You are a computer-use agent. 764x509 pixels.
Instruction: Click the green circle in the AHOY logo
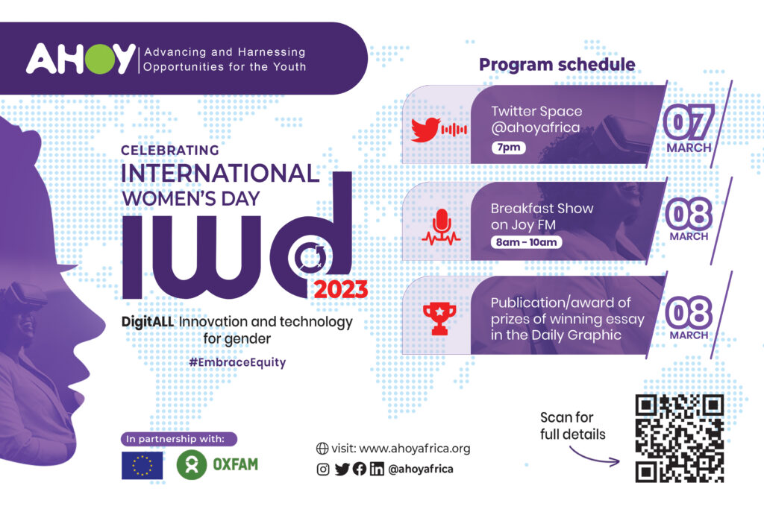(x=100, y=59)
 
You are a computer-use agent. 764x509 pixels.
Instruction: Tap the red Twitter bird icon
(x=425, y=129)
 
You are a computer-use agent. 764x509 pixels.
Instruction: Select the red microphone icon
(x=442, y=227)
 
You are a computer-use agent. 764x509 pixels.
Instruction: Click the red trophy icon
(x=439, y=319)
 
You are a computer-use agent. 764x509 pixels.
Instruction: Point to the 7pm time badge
(x=508, y=147)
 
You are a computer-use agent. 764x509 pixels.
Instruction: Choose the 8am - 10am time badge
(x=526, y=242)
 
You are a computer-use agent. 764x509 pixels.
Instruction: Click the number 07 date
(x=689, y=121)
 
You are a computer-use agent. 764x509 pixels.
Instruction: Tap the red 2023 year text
(x=340, y=290)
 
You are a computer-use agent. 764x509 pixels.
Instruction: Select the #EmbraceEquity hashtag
(x=237, y=362)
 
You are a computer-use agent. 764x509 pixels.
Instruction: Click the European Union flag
(x=143, y=466)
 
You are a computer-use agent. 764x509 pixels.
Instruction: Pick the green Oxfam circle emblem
(x=192, y=465)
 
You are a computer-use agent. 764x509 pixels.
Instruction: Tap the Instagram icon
(x=323, y=469)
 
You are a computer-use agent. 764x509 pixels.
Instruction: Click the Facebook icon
(x=360, y=469)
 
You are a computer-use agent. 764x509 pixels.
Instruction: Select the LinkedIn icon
(x=377, y=469)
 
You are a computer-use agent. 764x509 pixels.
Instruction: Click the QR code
(x=680, y=438)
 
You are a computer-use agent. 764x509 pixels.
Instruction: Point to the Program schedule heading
(x=557, y=64)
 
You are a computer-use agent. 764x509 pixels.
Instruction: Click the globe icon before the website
(x=322, y=449)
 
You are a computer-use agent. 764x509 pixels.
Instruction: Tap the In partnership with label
(x=179, y=439)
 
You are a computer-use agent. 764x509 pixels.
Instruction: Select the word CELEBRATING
(x=170, y=151)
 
